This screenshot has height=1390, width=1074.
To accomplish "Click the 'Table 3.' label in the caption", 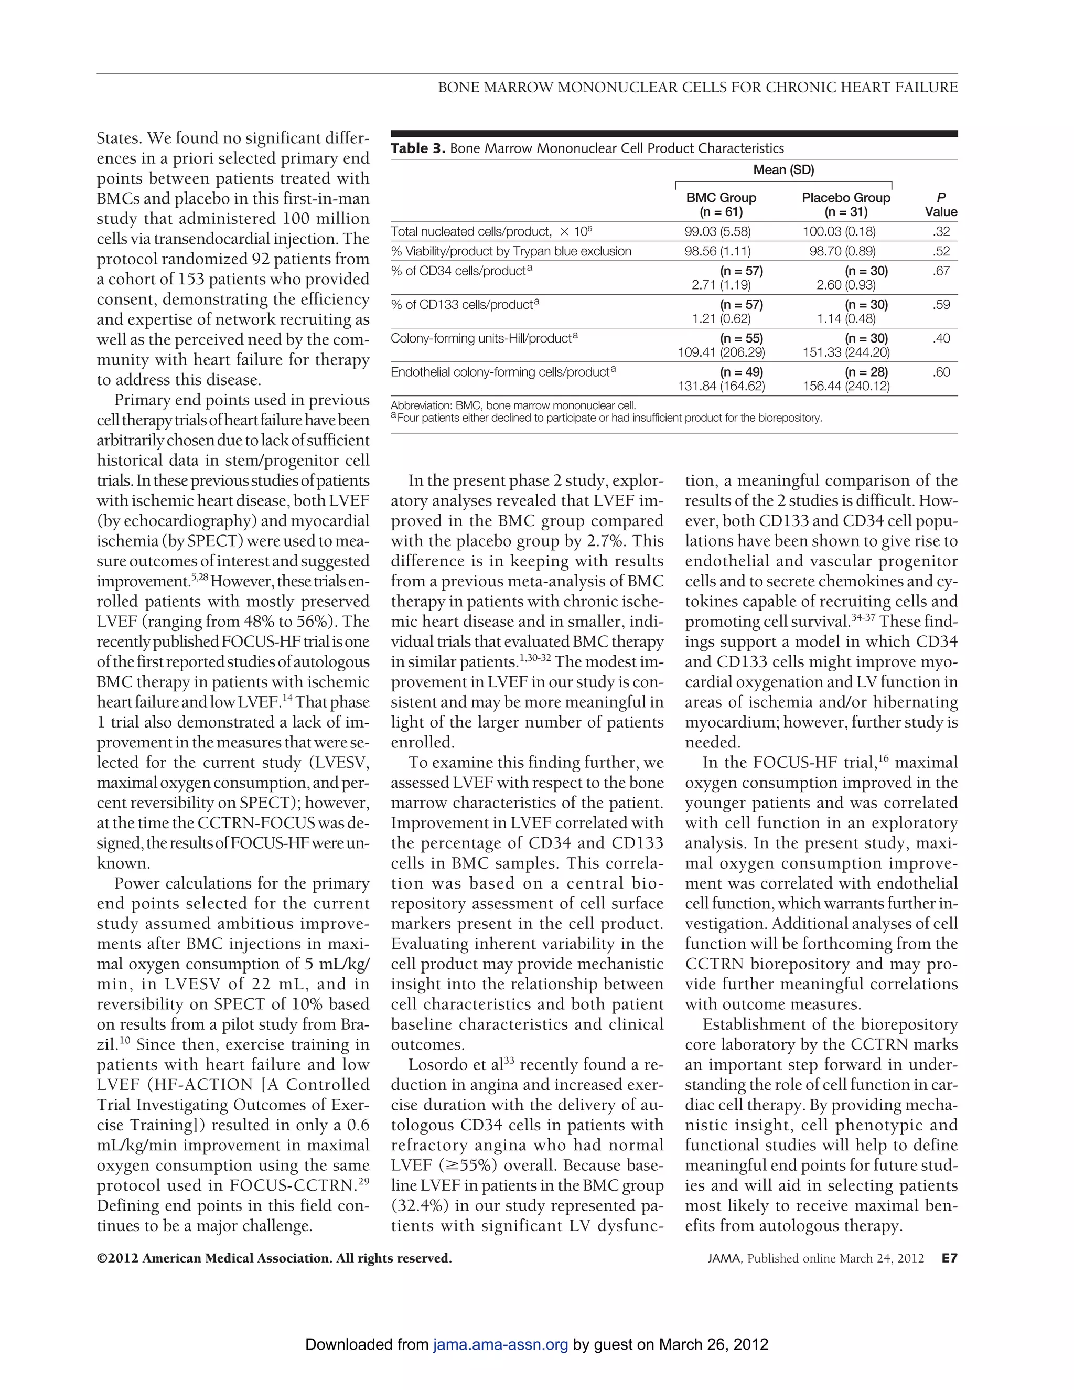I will pos(418,149).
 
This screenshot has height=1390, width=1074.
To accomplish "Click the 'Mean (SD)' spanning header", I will pos(783,170).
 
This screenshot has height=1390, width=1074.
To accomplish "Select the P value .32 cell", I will pos(942,232).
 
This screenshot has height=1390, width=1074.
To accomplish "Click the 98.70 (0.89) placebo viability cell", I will pos(842,251).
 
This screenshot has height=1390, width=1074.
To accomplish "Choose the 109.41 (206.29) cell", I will pos(721,352).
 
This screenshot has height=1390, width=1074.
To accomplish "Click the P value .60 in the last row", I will pos(942,372).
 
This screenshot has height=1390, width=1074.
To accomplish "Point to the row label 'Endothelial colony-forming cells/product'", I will pos(502,372).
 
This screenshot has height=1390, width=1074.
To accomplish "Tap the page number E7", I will pos(949,1258).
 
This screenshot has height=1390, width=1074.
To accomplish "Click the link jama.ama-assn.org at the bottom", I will pos(500,1345).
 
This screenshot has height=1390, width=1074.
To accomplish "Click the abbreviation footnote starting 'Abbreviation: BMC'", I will pos(513,405).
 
